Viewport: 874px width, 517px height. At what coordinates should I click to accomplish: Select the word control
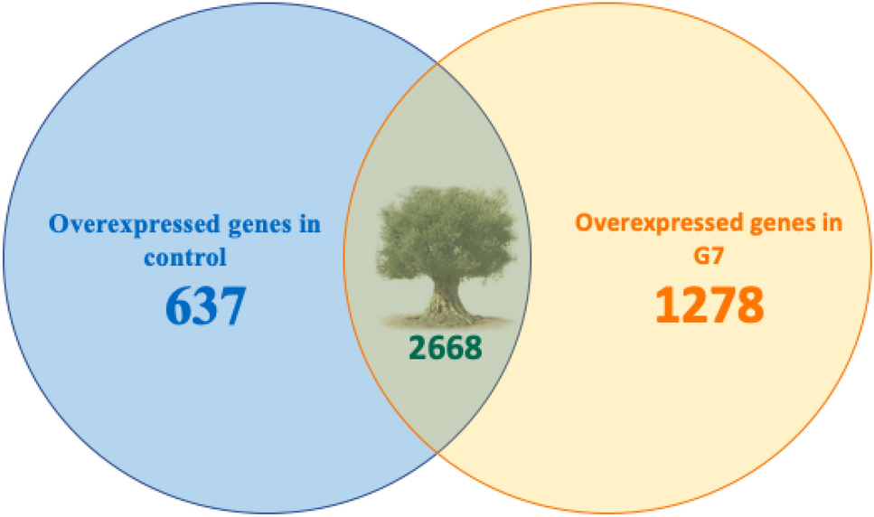(184, 257)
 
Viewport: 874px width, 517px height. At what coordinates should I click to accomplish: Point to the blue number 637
(205, 307)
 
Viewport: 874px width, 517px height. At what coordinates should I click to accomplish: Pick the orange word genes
(777, 223)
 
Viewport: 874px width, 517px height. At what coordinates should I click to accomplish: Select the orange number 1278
(709, 306)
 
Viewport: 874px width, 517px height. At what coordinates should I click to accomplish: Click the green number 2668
(445, 348)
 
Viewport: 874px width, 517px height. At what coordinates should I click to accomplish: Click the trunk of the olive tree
(443, 294)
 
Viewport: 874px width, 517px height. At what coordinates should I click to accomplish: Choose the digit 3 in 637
(205, 307)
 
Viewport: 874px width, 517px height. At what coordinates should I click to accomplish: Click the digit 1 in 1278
(667, 306)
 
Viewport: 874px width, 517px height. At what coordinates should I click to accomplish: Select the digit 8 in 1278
(750, 306)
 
